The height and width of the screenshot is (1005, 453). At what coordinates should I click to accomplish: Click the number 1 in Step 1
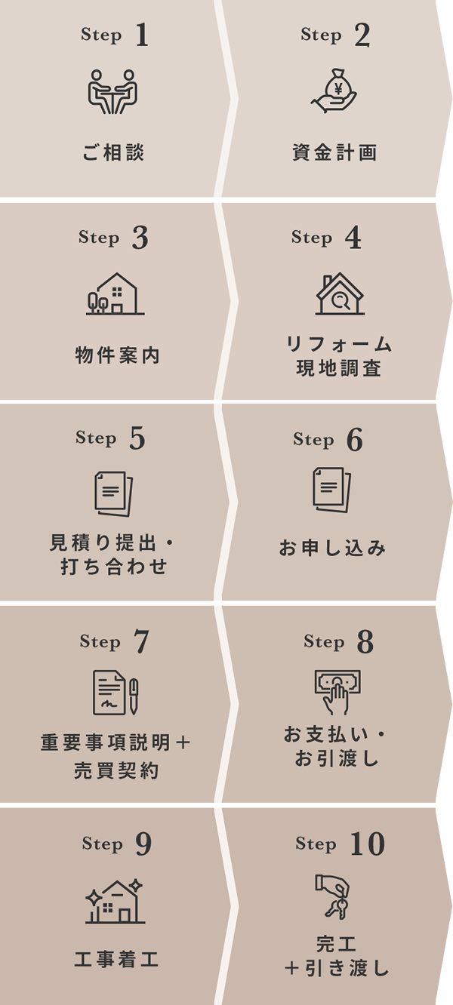pyautogui.click(x=141, y=36)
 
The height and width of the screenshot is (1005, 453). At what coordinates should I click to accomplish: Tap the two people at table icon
pyautogui.click(x=113, y=91)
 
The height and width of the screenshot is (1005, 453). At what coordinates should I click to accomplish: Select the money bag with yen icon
pyautogui.click(x=336, y=91)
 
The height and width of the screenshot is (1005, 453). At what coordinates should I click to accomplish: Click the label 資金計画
pyautogui.click(x=334, y=153)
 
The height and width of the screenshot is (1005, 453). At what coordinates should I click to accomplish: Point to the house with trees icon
pyautogui.click(x=115, y=294)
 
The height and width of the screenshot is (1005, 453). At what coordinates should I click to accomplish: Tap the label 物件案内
pyautogui.click(x=118, y=356)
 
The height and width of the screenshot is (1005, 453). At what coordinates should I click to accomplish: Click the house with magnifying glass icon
pyautogui.click(x=339, y=294)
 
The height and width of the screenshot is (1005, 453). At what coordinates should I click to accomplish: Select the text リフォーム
pyautogui.click(x=339, y=345)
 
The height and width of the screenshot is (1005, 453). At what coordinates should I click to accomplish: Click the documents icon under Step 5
pyautogui.click(x=113, y=493)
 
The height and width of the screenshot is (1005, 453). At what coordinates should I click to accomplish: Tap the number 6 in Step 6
pyautogui.click(x=354, y=441)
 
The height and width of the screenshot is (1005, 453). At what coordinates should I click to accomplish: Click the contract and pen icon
pyautogui.click(x=116, y=693)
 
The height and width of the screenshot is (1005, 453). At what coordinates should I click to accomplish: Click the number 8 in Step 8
pyautogui.click(x=365, y=642)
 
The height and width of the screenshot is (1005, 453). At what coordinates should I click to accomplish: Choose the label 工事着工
pyautogui.click(x=116, y=960)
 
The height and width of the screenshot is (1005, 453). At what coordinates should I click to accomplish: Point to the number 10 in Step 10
pyautogui.click(x=367, y=844)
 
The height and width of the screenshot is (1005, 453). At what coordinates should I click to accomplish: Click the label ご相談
pyautogui.click(x=113, y=153)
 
